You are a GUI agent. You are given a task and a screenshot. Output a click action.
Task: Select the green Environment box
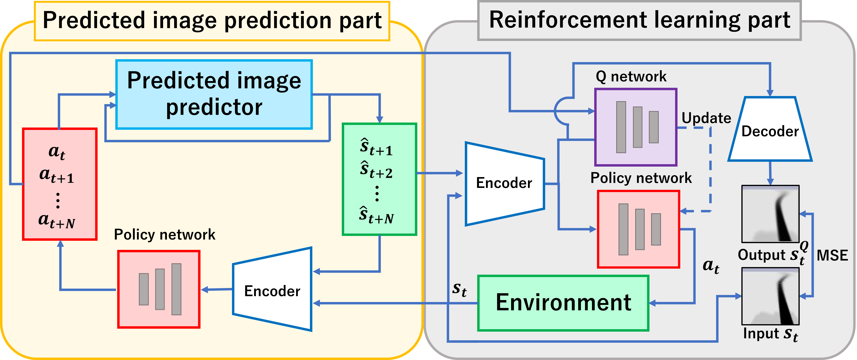click(563, 303)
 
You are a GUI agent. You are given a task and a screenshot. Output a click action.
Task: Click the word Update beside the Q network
click(706, 118)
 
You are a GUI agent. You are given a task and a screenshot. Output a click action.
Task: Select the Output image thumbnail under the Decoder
click(770, 214)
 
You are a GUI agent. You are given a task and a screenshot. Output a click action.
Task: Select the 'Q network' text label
click(631, 77)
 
